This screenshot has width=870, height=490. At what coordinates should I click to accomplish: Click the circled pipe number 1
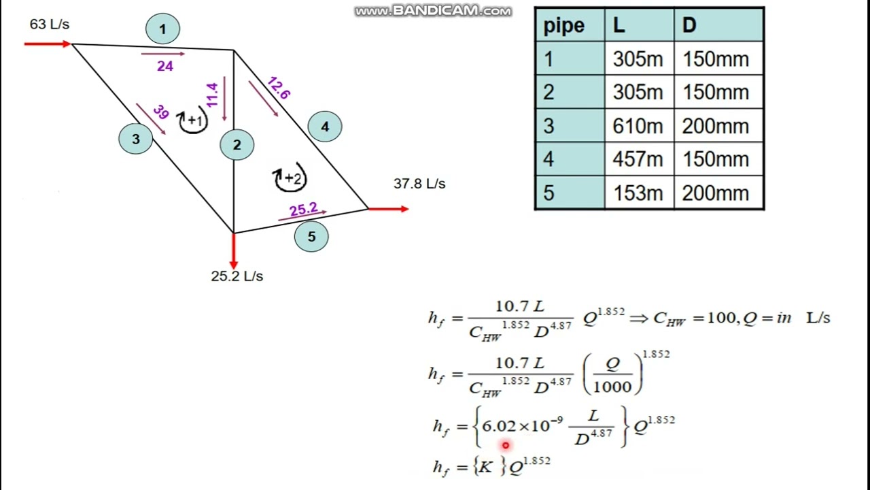162,29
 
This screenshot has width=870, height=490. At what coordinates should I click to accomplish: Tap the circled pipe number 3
135,139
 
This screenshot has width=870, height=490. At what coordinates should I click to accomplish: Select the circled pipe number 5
311,236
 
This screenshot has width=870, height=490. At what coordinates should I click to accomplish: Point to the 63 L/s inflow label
50,24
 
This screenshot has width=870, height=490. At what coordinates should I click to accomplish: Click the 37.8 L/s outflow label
419,184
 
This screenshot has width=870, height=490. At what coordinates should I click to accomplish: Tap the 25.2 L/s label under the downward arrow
237,276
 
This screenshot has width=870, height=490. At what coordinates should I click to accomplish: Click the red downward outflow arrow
233,251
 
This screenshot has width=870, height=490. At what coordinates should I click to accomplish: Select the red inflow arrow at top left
48,44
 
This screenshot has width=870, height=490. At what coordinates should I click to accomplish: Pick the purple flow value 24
165,66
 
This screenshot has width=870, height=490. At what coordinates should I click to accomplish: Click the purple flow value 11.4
212,95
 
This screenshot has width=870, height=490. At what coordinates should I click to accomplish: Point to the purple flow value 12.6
279,88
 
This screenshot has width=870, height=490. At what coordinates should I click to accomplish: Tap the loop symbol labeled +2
290,178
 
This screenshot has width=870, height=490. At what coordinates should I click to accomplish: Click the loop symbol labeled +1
193,120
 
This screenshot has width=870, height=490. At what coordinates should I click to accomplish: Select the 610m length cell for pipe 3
638,126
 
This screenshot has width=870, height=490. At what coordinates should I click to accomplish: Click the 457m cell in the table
638,159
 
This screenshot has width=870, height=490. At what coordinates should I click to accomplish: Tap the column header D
689,25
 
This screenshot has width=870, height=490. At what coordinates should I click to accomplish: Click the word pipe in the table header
563,27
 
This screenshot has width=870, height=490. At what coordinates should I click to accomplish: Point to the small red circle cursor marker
505,445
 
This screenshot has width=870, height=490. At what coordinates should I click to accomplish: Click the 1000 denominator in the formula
612,387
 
